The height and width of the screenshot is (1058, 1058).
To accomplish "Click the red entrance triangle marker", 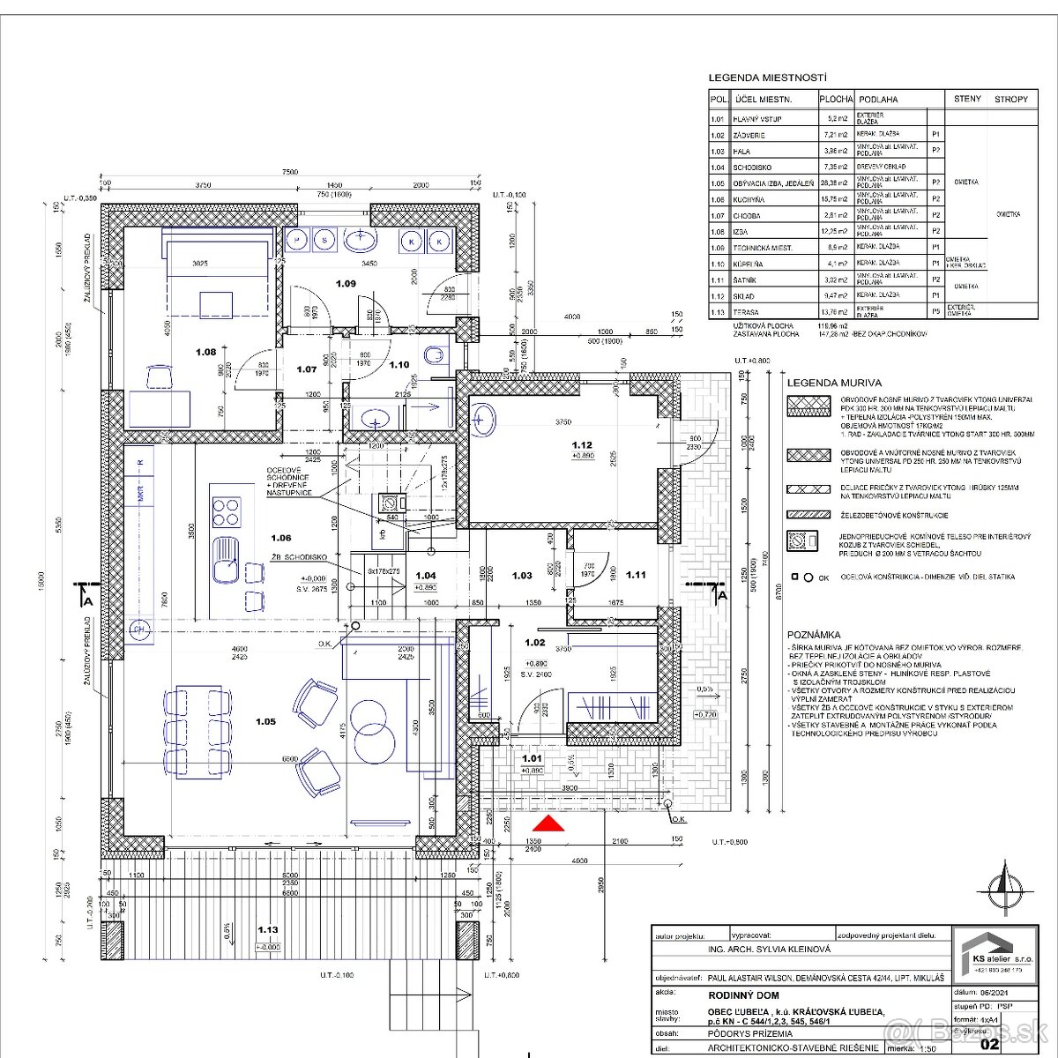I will click(x=548, y=823).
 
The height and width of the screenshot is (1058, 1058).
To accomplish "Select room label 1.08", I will click(x=205, y=352).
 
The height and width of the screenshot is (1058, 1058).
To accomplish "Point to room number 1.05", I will click(x=265, y=721).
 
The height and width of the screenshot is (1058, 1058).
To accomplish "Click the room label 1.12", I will click(x=581, y=445).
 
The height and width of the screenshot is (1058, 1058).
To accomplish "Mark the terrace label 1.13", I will click(x=268, y=929).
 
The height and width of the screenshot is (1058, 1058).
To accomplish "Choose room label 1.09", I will click(x=345, y=283).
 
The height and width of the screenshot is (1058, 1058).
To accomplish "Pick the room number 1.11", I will click(x=636, y=575).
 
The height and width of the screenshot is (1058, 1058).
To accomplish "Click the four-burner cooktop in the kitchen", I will click(x=227, y=510).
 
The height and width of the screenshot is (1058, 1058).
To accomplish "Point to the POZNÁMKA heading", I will click(x=815, y=634).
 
